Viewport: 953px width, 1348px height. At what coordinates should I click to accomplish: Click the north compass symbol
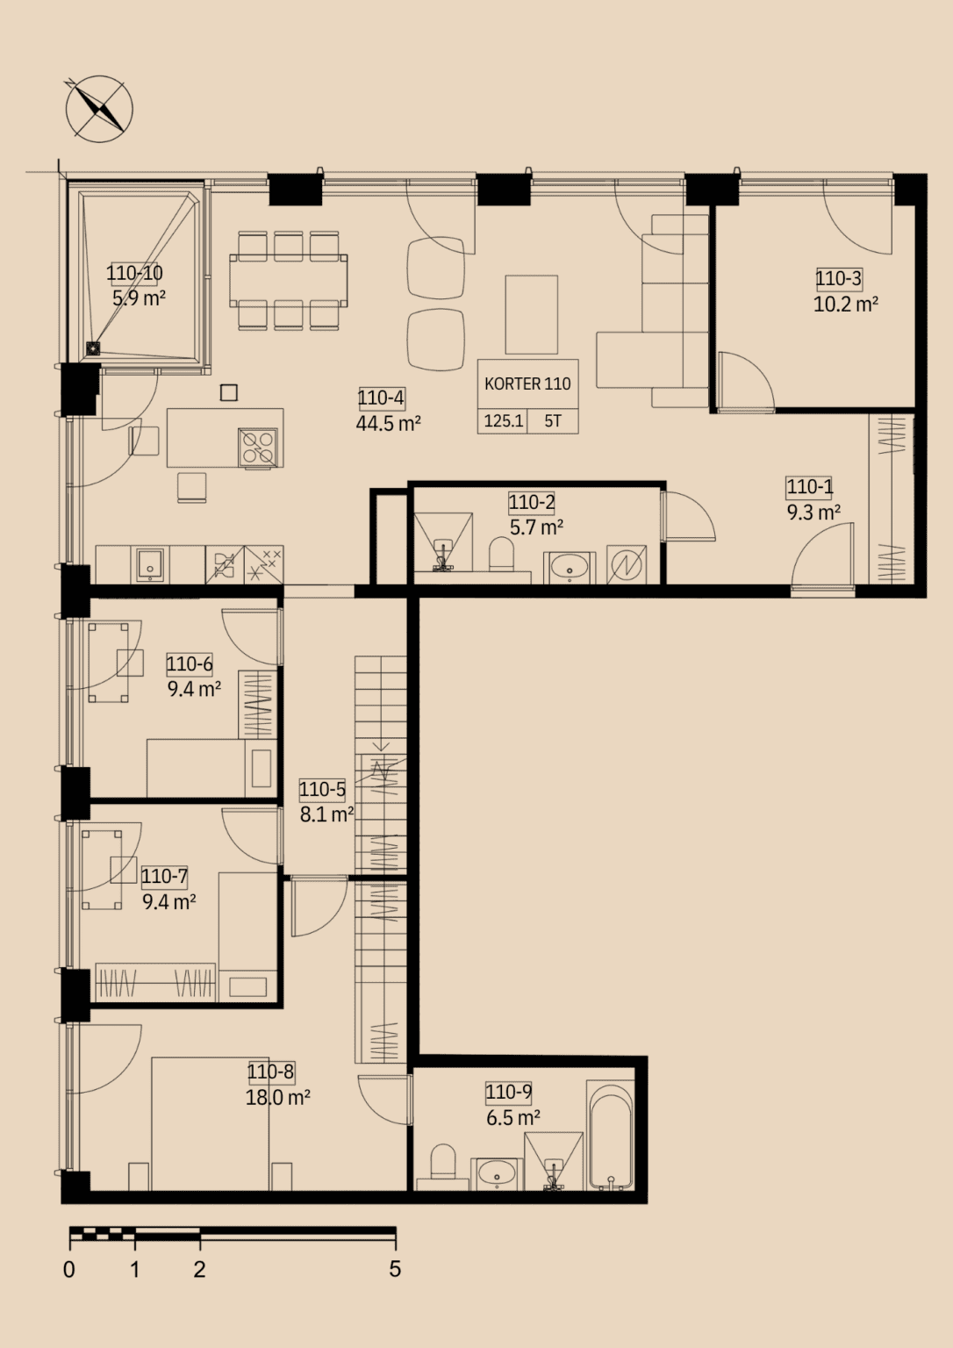pos(98,109)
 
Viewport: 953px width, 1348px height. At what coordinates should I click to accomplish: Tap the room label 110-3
pos(839,278)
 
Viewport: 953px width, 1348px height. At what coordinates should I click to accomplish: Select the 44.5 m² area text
pos(388,424)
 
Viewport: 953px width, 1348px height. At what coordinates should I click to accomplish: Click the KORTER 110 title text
pos(527,384)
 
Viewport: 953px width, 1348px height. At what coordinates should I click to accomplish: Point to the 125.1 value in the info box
pos(504,420)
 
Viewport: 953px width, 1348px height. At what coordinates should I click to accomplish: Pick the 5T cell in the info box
pos(553,420)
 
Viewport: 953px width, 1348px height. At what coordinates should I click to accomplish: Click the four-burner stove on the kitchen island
pos(258,447)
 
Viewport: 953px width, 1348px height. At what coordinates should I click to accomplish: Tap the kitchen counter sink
pos(150,564)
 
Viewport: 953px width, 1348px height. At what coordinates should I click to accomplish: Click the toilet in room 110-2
pos(501,554)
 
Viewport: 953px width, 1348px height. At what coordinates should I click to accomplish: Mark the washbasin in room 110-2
pos(570,568)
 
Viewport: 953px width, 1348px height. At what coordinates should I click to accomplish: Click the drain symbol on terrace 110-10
pos(93,348)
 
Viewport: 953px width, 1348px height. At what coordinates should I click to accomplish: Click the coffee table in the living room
pos(531,315)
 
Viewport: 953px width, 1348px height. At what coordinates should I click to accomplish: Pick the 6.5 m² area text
pos(512,1117)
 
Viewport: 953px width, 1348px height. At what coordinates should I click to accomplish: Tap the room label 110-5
pos(322,789)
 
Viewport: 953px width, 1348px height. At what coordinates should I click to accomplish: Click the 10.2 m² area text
pos(845,304)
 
